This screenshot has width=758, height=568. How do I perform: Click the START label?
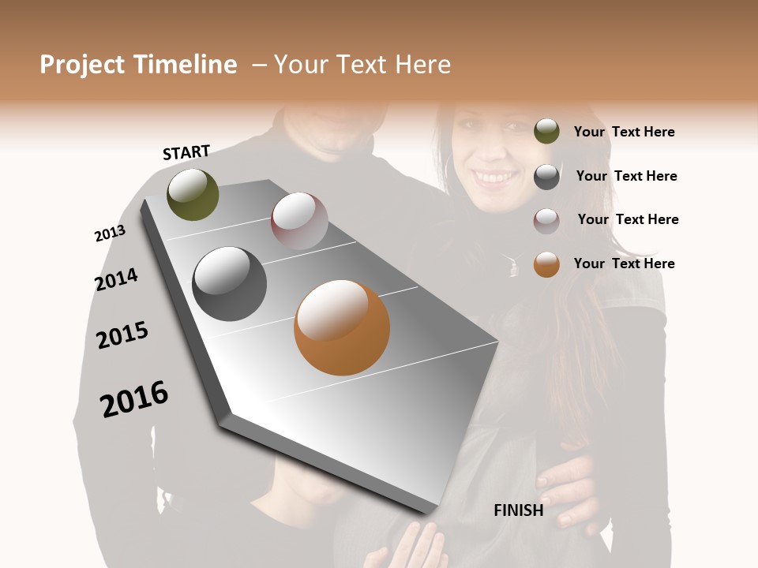coord(186,152)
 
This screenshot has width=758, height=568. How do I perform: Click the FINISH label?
coord(519,510)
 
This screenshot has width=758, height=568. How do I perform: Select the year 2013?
coord(110,234)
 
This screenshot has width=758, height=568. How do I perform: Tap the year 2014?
coord(116,279)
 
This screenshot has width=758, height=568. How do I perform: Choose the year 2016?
coord(134,399)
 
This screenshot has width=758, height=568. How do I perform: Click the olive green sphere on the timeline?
coord(193,194)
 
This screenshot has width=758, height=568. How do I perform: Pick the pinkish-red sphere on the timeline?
coord(299,221)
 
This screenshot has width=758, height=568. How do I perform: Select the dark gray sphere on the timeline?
coord(230,283)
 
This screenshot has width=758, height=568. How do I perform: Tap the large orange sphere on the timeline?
coord(342,327)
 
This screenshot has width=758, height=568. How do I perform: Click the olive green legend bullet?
coord(546,132)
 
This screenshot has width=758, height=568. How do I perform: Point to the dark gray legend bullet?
coord(546,177)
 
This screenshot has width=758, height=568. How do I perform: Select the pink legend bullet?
coord(546,221)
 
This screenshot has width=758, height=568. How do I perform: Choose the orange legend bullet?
coord(546,264)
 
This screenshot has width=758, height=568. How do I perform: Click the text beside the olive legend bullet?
coord(624,132)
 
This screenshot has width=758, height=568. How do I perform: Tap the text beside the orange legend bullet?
coord(624,263)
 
